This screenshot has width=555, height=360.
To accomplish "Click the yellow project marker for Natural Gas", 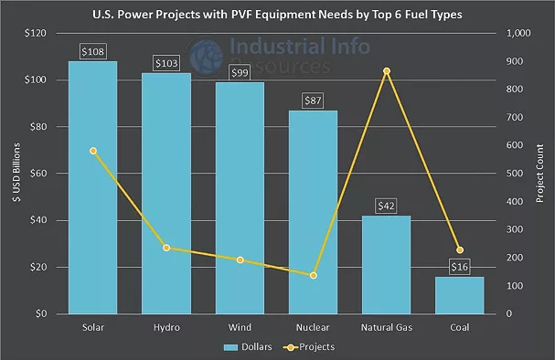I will pos(386,71).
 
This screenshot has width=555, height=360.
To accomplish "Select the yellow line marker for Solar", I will pos(92,151).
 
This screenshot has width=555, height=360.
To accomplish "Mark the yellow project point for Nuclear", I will pos(313,275).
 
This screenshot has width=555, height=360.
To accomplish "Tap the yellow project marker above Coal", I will pos(459,250).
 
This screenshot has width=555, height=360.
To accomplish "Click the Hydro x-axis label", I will pos(165,327).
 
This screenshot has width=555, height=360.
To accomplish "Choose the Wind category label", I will pos(240,327).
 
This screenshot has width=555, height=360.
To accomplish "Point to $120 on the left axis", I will pos(35,33).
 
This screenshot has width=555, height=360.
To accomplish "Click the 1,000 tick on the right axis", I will pos(518,33).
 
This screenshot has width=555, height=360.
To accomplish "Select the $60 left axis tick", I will pos(37,174).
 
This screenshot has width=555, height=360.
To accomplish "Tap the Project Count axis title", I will pos(540,174).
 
